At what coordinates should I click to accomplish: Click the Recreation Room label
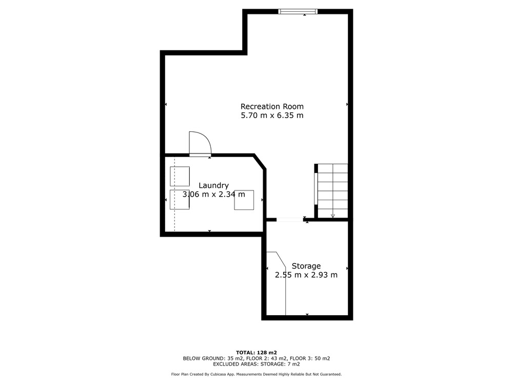point(272,106)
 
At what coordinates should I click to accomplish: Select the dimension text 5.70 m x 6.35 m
point(272,115)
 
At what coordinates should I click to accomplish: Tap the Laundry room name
point(213,186)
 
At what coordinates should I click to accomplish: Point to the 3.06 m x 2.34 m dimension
point(213,194)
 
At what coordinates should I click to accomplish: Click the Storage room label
point(306,266)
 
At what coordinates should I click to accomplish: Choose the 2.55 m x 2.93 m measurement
point(306,275)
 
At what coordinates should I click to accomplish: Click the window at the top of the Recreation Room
point(298,11)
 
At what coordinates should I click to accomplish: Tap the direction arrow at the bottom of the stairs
point(333,216)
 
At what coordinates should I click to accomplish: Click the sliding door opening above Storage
point(289,220)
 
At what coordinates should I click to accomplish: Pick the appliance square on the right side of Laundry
point(244,200)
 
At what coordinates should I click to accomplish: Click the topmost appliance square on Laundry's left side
point(180,177)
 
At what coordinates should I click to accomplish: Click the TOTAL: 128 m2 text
point(256,353)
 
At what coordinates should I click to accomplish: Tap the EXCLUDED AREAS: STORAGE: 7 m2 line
point(256,364)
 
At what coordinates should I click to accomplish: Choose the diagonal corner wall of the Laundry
point(260,162)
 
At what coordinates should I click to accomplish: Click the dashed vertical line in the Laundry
point(174,195)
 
